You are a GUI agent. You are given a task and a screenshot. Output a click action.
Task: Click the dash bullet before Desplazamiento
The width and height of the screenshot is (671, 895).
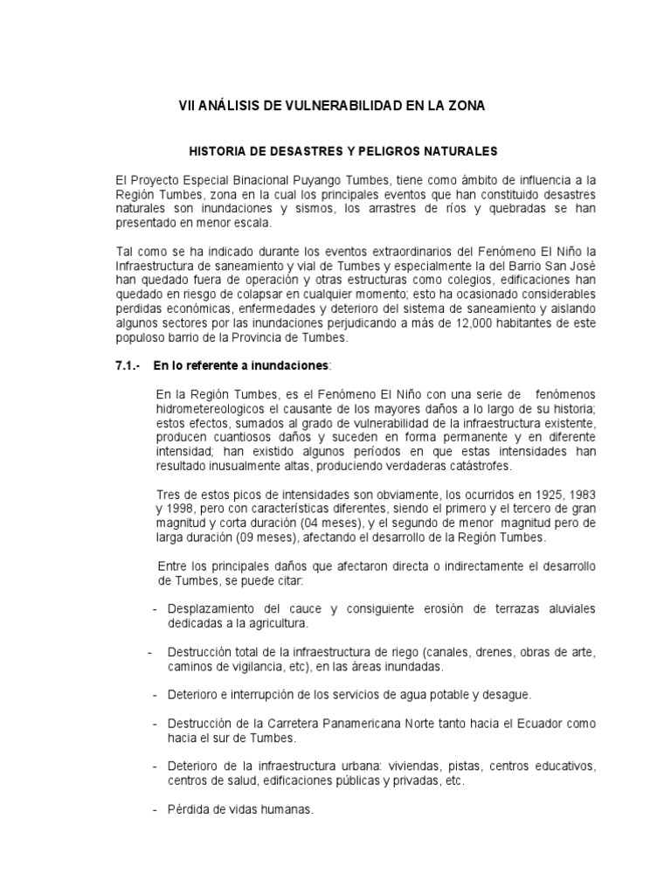coord(155,608)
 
